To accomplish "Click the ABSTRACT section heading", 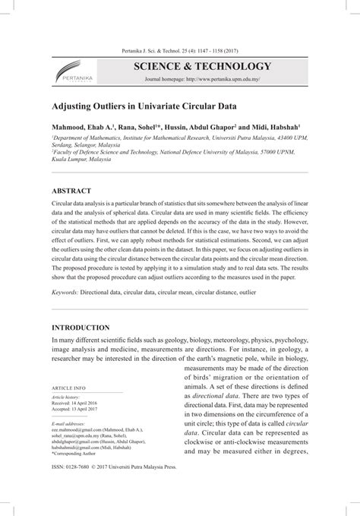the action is (71, 191).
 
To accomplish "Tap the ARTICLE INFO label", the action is (69, 387).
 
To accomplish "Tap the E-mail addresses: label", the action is (67, 423).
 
